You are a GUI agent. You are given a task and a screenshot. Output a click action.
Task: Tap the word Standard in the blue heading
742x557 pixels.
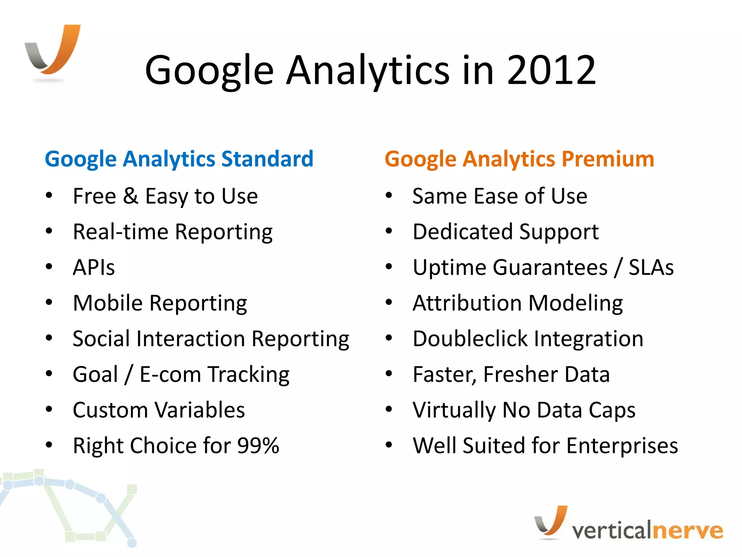click(267, 159)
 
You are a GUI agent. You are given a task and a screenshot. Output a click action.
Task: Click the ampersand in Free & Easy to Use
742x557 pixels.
click(130, 196)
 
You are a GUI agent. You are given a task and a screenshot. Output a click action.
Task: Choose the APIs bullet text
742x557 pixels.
click(94, 268)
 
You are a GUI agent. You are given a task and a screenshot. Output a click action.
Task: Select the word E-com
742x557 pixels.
click(170, 374)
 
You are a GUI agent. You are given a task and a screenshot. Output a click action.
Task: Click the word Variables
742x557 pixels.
click(200, 410)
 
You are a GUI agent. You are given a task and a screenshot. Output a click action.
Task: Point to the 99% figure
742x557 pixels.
click(258, 446)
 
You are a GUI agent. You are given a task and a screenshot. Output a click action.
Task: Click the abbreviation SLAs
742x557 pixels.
click(651, 268)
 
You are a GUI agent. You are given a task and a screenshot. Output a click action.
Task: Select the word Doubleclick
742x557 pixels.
click(470, 339)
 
